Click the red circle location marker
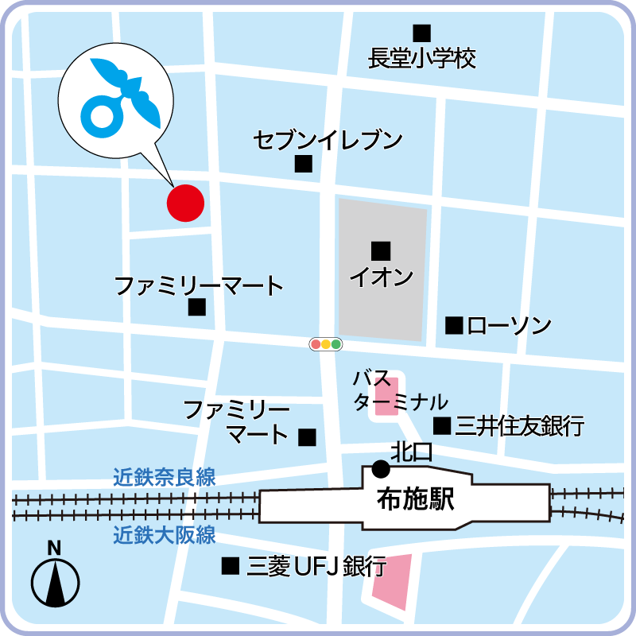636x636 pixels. click(x=185, y=203)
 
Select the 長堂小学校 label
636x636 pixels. click(x=422, y=59)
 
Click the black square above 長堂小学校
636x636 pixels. click(x=421, y=33)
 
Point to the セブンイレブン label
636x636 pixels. click(x=328, y=141)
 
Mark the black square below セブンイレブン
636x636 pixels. click(x=303, y=165)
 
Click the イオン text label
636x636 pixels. click(x=382, y=277)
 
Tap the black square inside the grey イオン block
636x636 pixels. click(x=382, y=251)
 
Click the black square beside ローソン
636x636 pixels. click(x=454, y=325)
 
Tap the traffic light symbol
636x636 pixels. click(x=326, y=344)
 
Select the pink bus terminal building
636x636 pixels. click(x=387, y=396)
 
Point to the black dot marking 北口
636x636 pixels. click(x=381, y=469)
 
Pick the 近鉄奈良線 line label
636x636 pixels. click(x=165, y=478)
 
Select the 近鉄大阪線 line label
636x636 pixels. click(x=165, y=535)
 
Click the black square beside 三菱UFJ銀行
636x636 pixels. click(x=231, y=566)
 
